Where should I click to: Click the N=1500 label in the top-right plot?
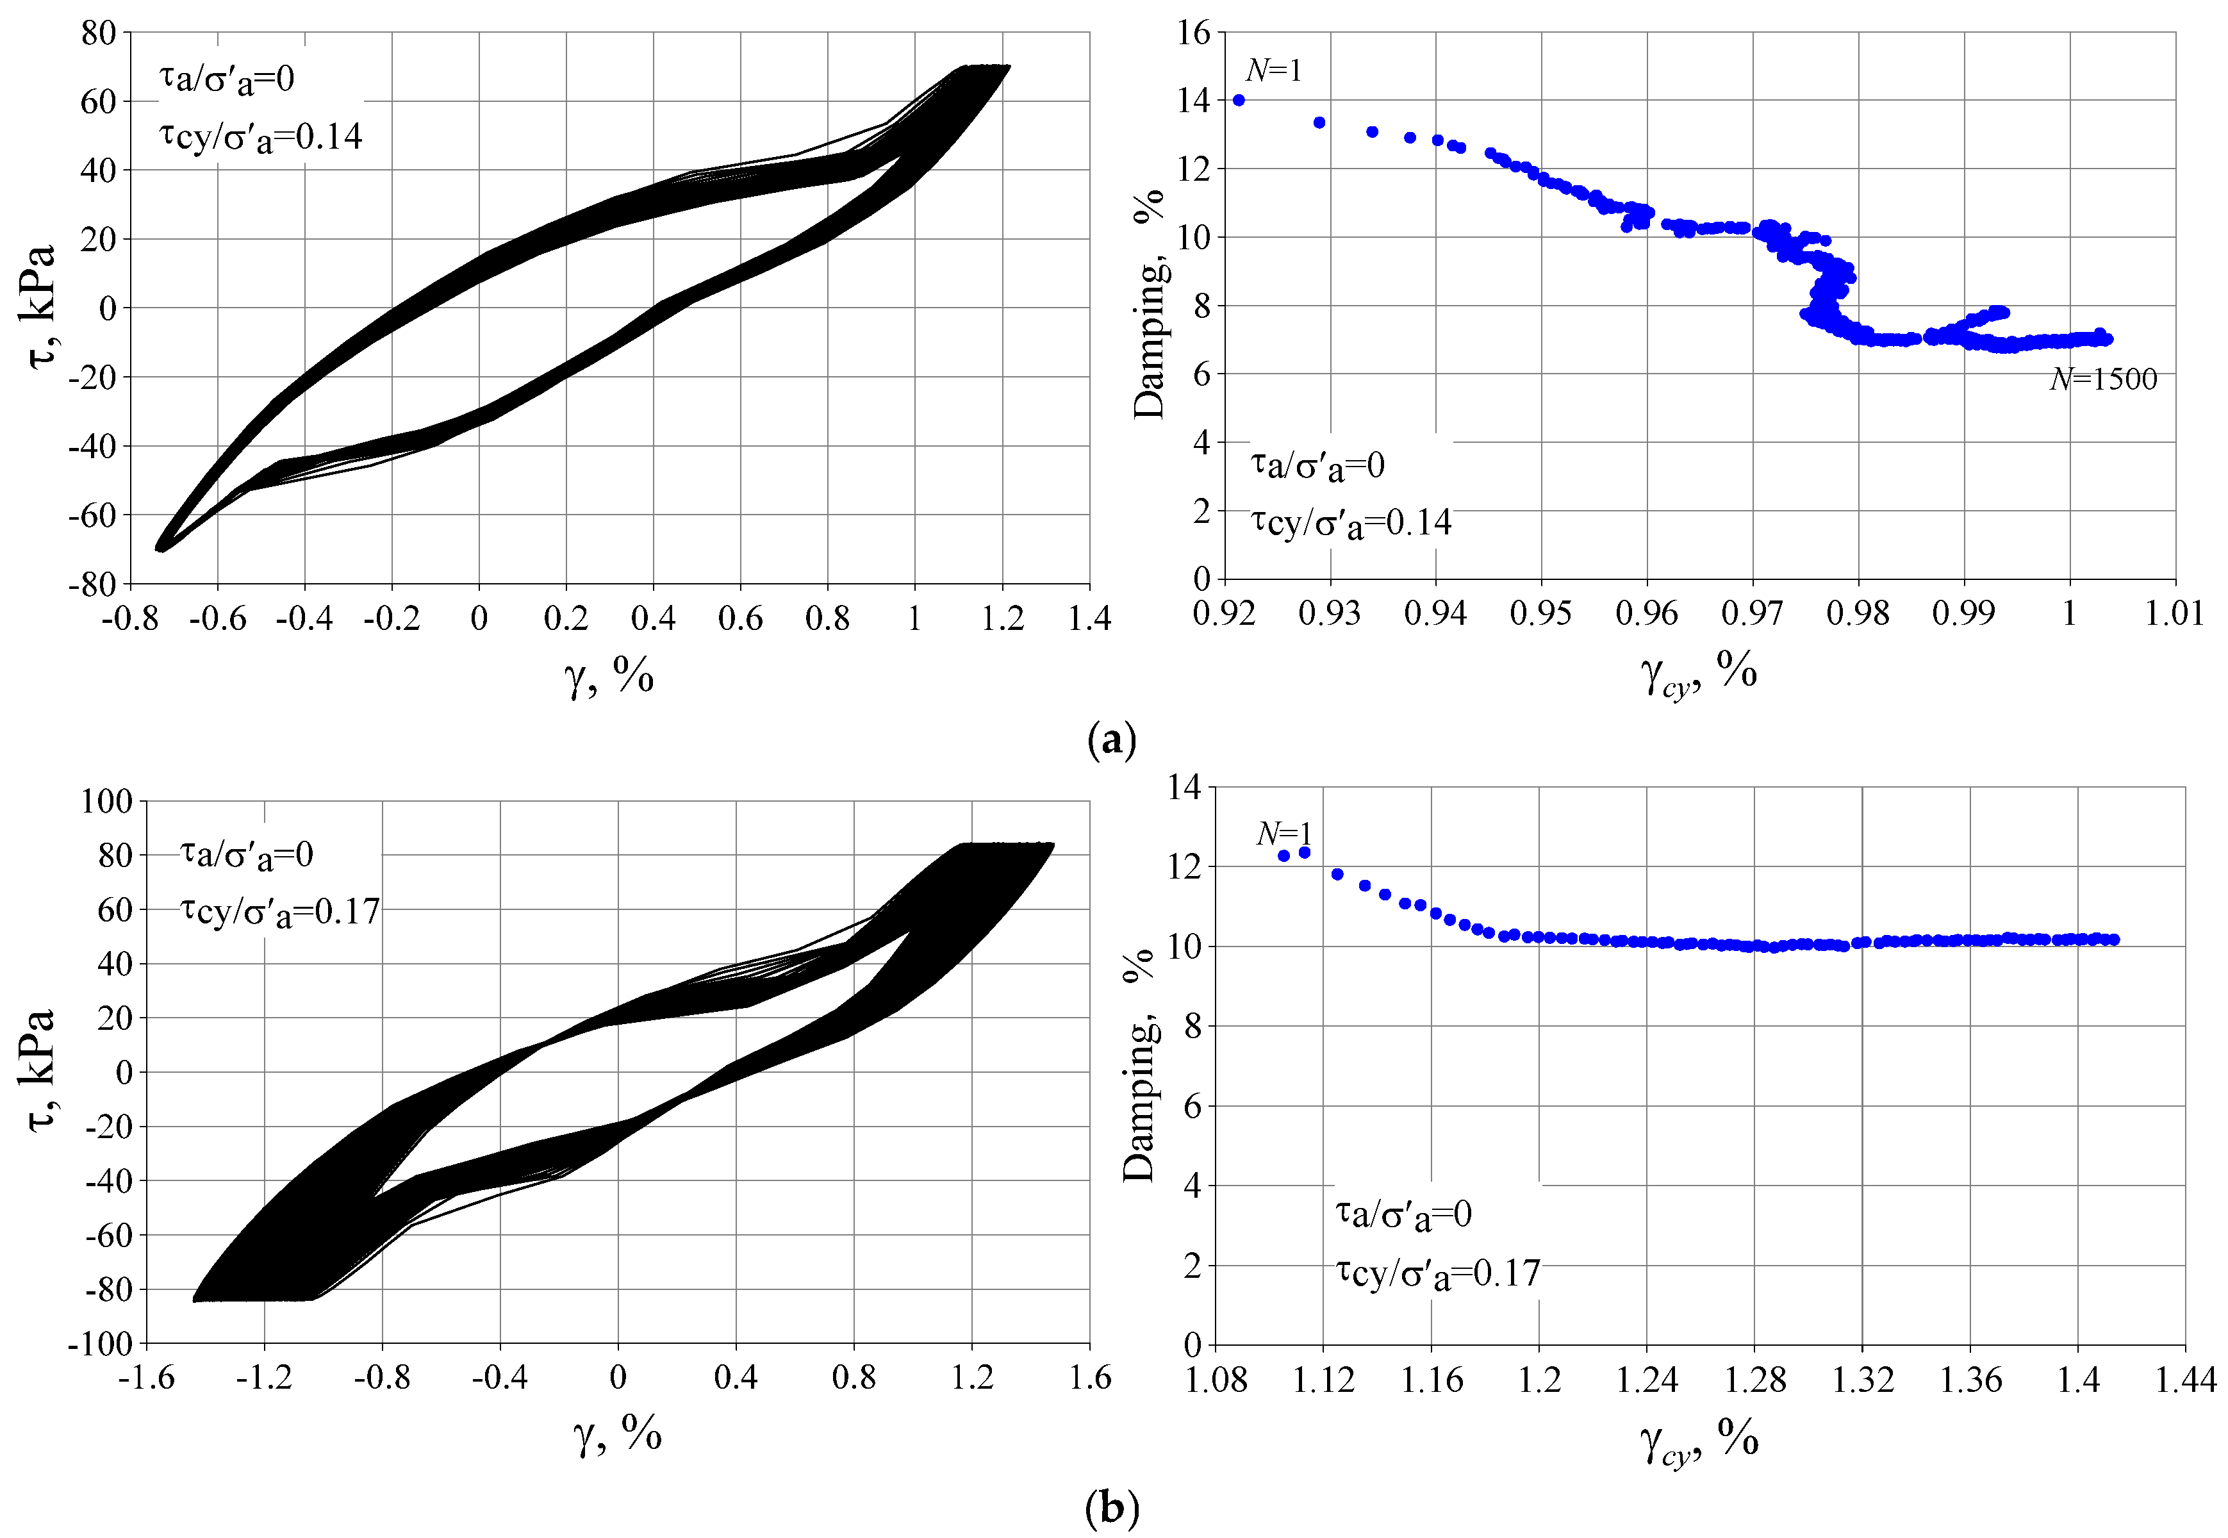tap(2102, 379)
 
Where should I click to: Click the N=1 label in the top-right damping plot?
tap(1273, 70)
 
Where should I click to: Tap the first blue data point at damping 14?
tap(1239, 100)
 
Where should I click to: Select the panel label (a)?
tap(1111, 740)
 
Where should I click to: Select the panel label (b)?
tap(1111, 1506)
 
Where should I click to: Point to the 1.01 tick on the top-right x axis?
tap(2174, 613)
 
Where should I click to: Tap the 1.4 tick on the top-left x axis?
tap(1089, 618)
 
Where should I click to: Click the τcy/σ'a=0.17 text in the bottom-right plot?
tap(1438, 1273)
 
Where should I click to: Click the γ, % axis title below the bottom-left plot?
tap(618, 1434)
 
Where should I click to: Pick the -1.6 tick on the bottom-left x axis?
tap(147, 1378)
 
